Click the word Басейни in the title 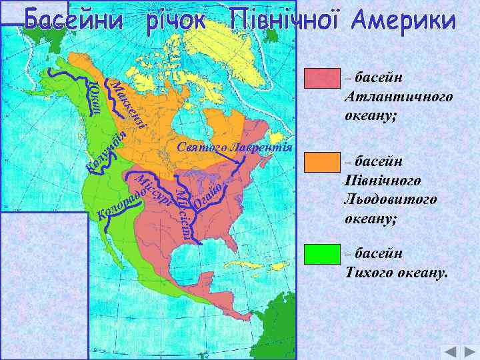(x=75, y=21)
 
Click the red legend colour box (x=323, y=79)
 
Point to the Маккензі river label (x=131, y=104)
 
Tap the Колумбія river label (x=107, y=153)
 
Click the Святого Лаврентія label (x=235, y=147)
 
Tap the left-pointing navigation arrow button (x=451, y=352)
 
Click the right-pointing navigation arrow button (x=468, y=352)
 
